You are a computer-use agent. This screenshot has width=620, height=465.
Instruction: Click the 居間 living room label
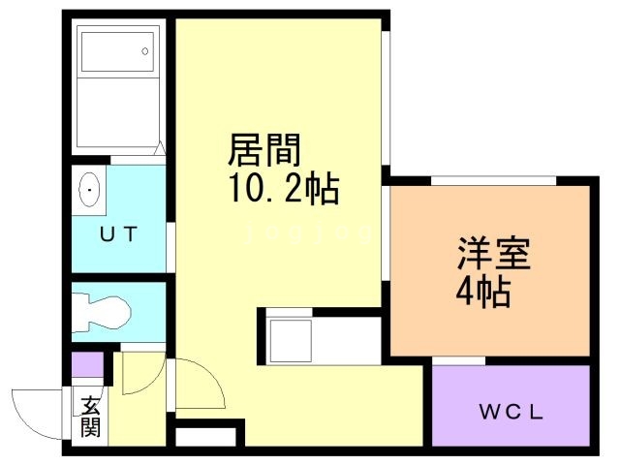click(x=264, y=151)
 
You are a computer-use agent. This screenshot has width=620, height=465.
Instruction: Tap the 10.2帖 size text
click(x=283, y=188)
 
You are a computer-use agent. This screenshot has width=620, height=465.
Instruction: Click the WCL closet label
click(x=511, y=411)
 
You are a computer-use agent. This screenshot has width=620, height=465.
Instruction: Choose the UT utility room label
click(x=119, y=233)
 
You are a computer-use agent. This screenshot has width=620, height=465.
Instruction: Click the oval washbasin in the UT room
click(x=90, y=191)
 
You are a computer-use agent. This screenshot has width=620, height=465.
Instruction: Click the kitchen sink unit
click(x=291, y=338)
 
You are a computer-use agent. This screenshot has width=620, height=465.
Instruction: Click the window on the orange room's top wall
click(x=493, y=180)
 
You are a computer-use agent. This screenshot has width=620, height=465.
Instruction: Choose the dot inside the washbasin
click(x=90, y=191)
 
